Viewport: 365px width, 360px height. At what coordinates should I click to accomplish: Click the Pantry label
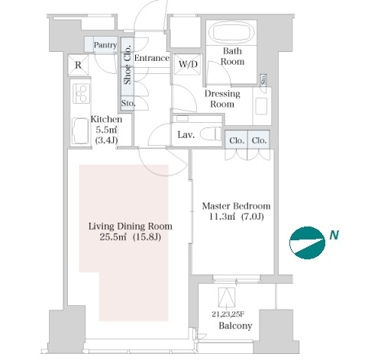[105, 45]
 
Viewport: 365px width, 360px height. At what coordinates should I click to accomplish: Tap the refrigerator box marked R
[78, 65]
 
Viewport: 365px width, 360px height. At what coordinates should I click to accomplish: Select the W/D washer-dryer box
[188, 64]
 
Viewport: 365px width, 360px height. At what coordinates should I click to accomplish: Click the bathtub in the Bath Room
[231, 32]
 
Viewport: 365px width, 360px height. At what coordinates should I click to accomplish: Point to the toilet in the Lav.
[211, 134]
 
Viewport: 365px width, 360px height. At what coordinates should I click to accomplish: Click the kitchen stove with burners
[82, 94]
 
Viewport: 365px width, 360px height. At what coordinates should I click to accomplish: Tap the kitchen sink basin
[80, 131]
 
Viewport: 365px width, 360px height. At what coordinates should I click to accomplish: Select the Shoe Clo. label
[128, 65]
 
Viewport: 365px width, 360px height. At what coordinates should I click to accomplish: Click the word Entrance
[152, 58]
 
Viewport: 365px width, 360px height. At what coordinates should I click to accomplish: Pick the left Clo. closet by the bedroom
[237, 140]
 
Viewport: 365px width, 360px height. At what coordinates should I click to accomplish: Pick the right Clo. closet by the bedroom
[259, 140]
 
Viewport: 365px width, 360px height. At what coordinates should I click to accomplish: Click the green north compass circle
[307, 243]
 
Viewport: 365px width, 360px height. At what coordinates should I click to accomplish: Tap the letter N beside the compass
[334, 235]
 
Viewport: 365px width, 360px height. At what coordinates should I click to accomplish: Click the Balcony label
[235, 326]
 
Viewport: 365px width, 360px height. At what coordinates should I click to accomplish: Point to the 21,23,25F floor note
[228, 314]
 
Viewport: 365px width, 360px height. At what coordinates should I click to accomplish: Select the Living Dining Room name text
[131, 226]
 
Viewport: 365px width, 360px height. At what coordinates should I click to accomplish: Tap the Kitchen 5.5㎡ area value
[106, 130]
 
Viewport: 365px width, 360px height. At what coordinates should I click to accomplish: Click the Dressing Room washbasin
[261, 106]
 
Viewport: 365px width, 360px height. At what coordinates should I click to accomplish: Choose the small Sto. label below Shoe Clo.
[128, 103]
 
